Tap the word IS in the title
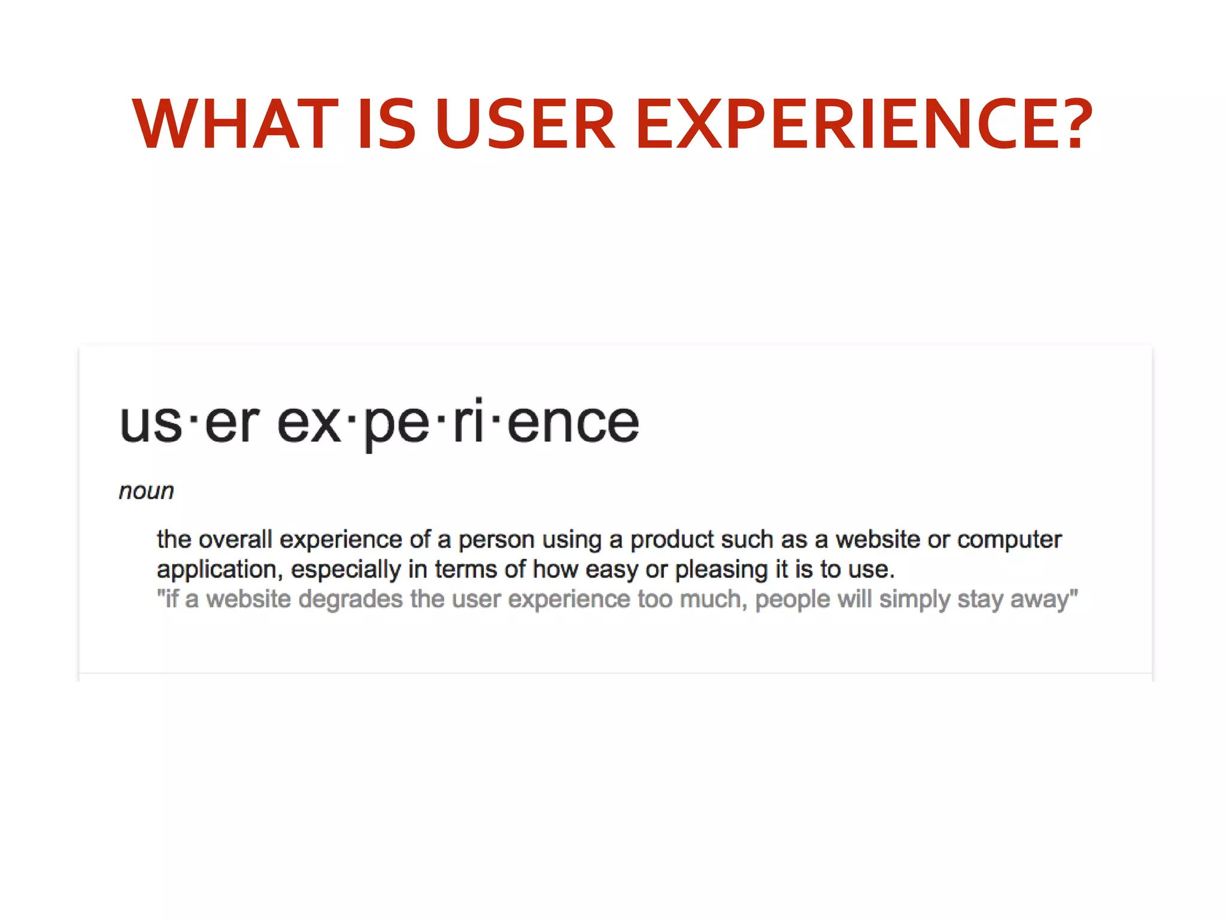point(386,124)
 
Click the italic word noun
point(146,491)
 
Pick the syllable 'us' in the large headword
point(151,423)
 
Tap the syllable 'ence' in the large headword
point(573,423)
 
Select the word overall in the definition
point(235,539)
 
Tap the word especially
point(345,570)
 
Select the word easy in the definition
point(611,570)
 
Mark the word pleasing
point(721,570)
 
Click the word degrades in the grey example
point(350,600)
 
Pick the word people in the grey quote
point(792,600)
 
